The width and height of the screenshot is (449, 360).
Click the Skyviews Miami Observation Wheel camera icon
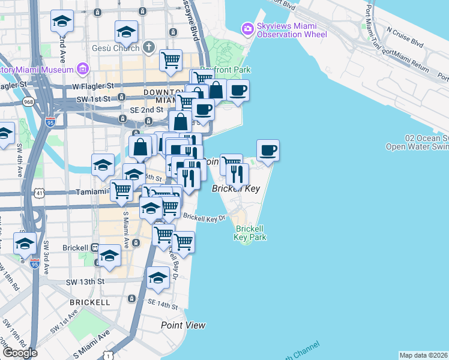247,28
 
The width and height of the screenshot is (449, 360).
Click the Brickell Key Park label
251,233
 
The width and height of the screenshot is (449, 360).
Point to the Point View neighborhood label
183,325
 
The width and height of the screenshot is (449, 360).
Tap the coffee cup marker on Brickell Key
268,150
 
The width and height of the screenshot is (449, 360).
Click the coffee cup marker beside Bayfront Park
238,91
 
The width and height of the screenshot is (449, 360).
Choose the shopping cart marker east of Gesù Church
171,59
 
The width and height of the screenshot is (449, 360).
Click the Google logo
20,353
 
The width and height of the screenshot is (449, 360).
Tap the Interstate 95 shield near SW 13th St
35,263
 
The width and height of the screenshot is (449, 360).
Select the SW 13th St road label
85,281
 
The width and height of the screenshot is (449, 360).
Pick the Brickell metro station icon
95,247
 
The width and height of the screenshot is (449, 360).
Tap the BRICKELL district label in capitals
89,301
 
